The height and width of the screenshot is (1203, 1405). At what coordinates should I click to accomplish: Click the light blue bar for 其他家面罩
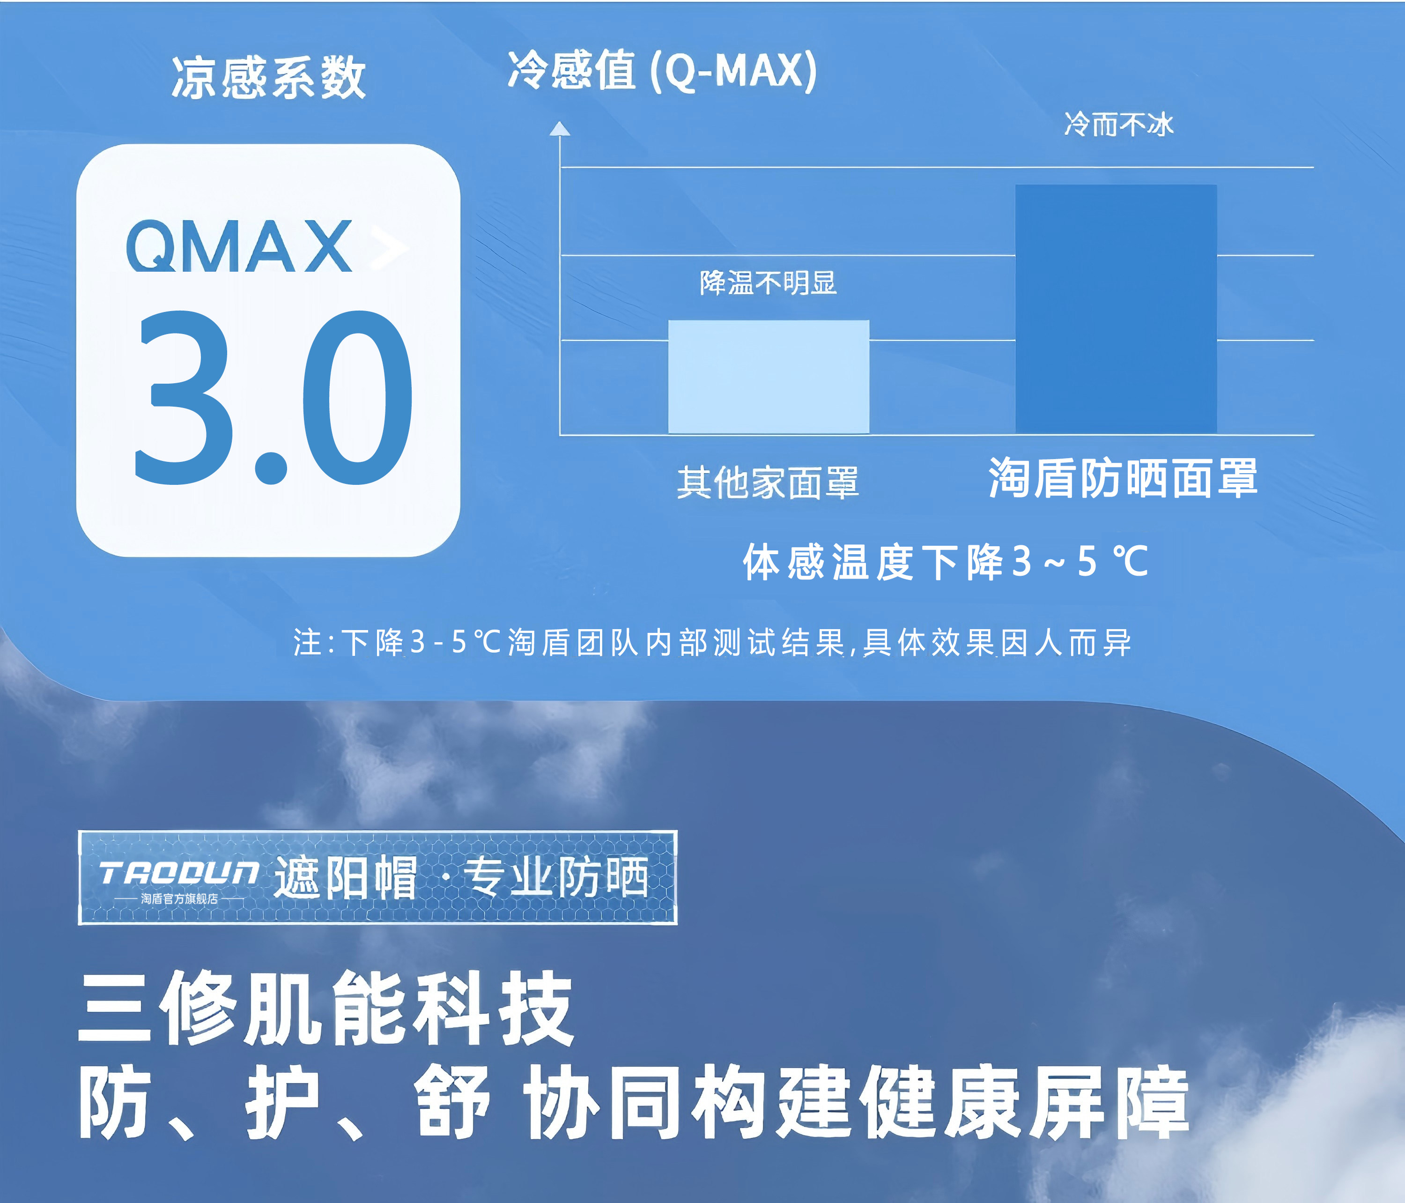coord(768,376)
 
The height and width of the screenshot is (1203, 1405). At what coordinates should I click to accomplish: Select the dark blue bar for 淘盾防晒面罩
coord(1116,309)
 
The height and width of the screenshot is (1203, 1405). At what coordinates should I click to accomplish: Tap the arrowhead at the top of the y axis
coord(559,129)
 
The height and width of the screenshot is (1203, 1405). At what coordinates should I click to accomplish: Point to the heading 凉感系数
coord(268,78)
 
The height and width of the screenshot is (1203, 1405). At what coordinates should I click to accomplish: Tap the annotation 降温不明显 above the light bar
coord(768,283)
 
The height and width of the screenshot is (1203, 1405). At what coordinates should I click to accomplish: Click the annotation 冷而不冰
coord(1118,125)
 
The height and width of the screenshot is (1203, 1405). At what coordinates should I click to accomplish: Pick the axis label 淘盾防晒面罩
coord(1123,478)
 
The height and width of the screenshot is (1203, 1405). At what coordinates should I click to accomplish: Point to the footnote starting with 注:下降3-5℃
coord(712,642)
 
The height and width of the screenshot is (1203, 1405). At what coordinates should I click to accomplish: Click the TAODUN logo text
coord(178,873)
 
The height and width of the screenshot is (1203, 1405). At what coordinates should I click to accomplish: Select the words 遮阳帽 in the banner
coord(346,877)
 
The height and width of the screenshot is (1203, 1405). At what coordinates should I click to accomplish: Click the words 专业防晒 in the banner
coord(556,877)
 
